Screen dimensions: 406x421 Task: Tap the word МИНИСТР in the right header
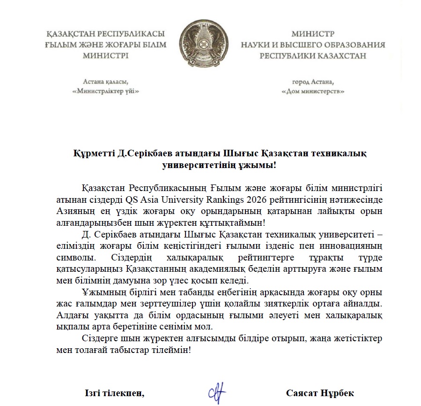[x=313, y=34]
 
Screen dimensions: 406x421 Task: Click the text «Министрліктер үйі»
[x=106, y=91]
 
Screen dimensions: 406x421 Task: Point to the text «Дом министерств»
[x=313, y=91]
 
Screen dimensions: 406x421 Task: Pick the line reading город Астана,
[x=313, y=80]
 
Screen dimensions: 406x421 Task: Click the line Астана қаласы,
[x=106, y=80]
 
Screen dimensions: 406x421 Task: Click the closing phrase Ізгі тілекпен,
[x=114, y=392]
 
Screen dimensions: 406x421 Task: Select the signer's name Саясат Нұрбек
[x=320, y=392]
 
